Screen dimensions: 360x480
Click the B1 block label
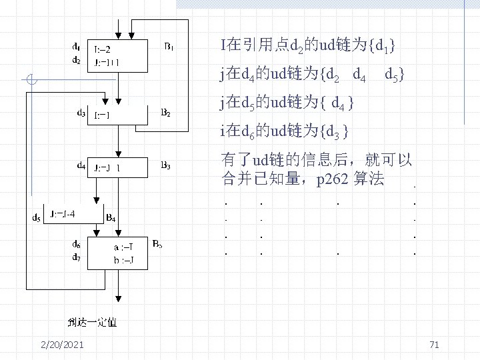click(169, 47)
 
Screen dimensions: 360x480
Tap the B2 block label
click(166, 113)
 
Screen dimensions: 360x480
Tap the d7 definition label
click(77, 258)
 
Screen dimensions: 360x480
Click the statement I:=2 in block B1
click(106, 49)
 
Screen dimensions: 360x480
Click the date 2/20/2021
click(62, 344)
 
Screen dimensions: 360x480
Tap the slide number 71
click(434, 344)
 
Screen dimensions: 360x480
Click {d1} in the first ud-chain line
click(385, 46)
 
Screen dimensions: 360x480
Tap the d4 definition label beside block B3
click(81, 165)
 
